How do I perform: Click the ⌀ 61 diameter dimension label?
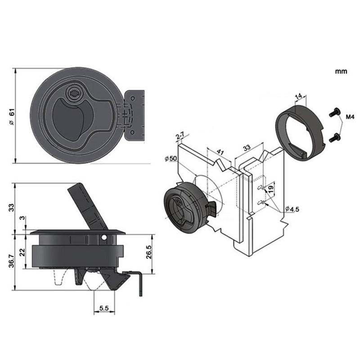(12, 116)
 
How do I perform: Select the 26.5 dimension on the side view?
(149, 252)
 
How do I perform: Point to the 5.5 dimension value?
(104, 308)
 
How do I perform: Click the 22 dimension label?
(22, 252)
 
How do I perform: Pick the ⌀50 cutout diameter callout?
(171, 158)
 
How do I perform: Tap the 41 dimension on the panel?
(220, 152)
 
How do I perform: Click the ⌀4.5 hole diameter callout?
(292, 209)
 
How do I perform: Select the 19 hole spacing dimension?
(271, 189)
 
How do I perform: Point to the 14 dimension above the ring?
(298, 96)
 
